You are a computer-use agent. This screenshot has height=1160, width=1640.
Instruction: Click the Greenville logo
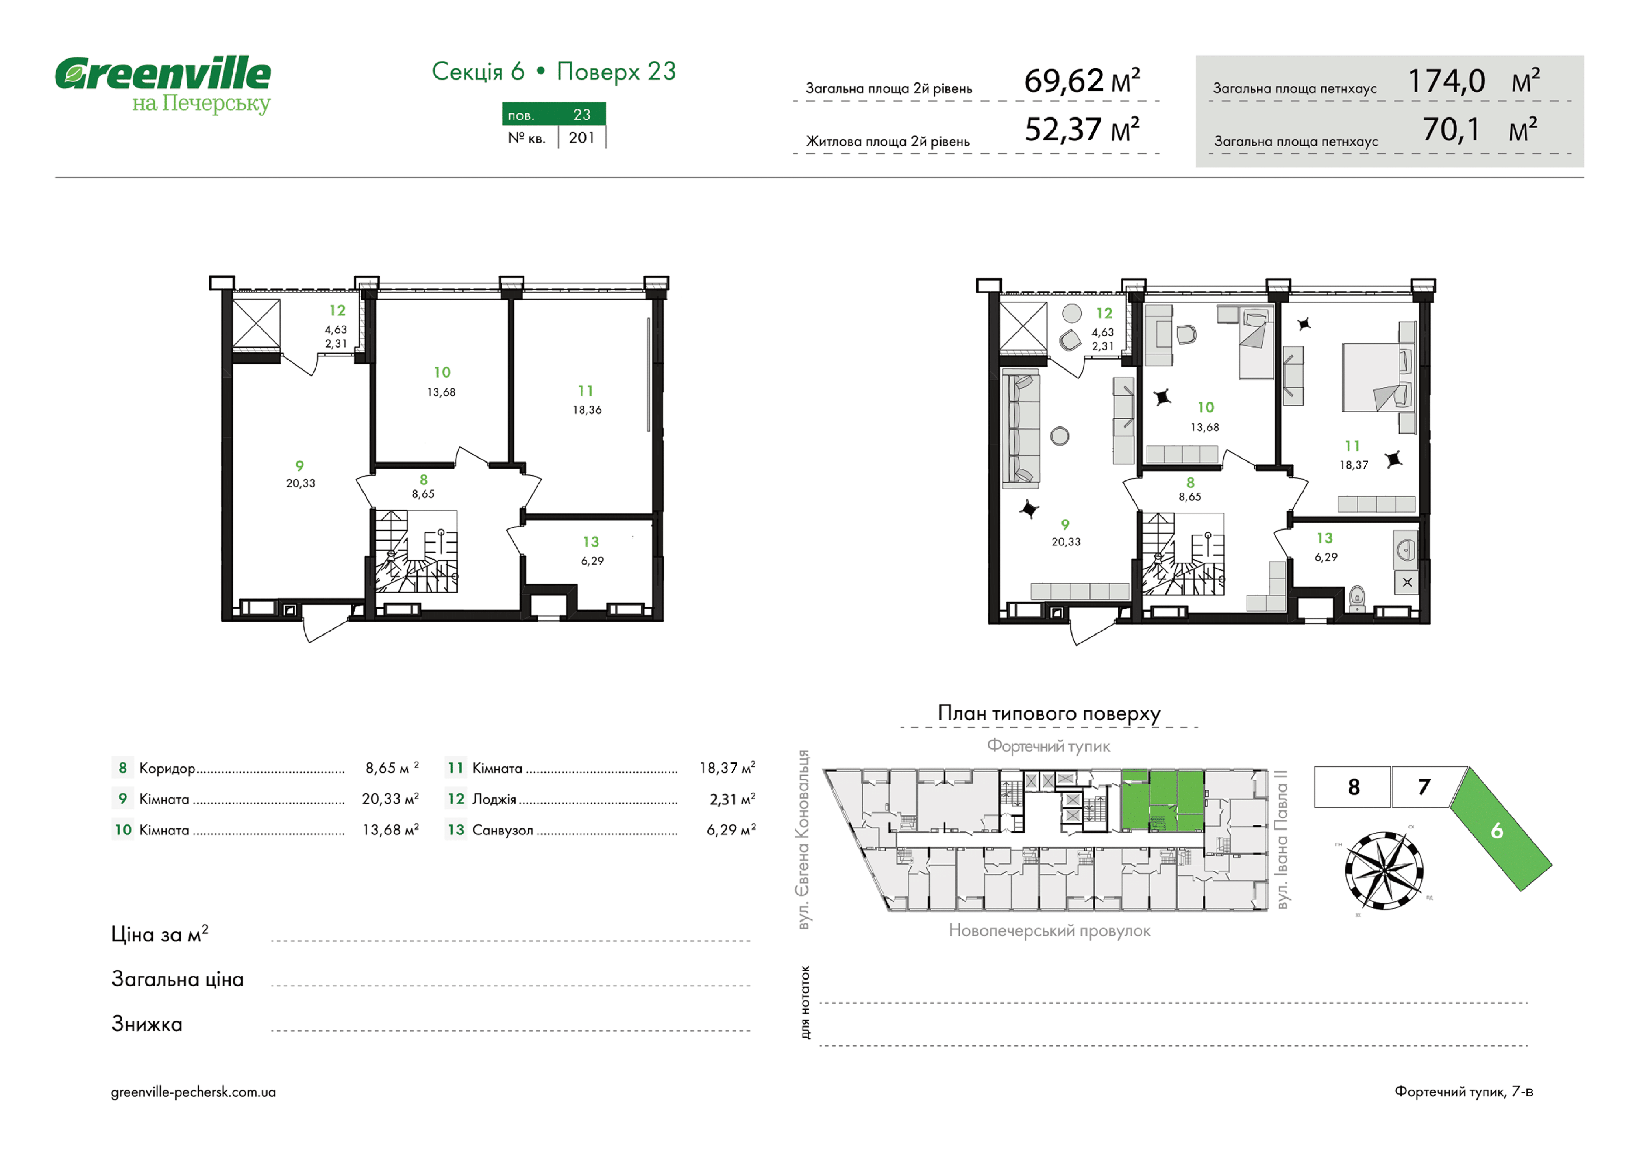163,84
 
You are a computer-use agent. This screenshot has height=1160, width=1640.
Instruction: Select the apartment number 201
582,138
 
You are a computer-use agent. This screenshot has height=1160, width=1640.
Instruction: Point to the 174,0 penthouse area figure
1446,81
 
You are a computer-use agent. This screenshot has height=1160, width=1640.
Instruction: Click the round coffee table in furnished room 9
1059,436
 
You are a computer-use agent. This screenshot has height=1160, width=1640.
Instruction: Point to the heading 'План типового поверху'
1048,713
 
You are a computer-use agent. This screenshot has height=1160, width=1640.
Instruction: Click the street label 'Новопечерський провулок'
1049,931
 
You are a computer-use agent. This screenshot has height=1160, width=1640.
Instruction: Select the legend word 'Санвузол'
503,830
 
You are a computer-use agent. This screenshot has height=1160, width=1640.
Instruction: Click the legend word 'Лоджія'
494,799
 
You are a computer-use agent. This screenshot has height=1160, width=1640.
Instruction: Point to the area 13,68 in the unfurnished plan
441,392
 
